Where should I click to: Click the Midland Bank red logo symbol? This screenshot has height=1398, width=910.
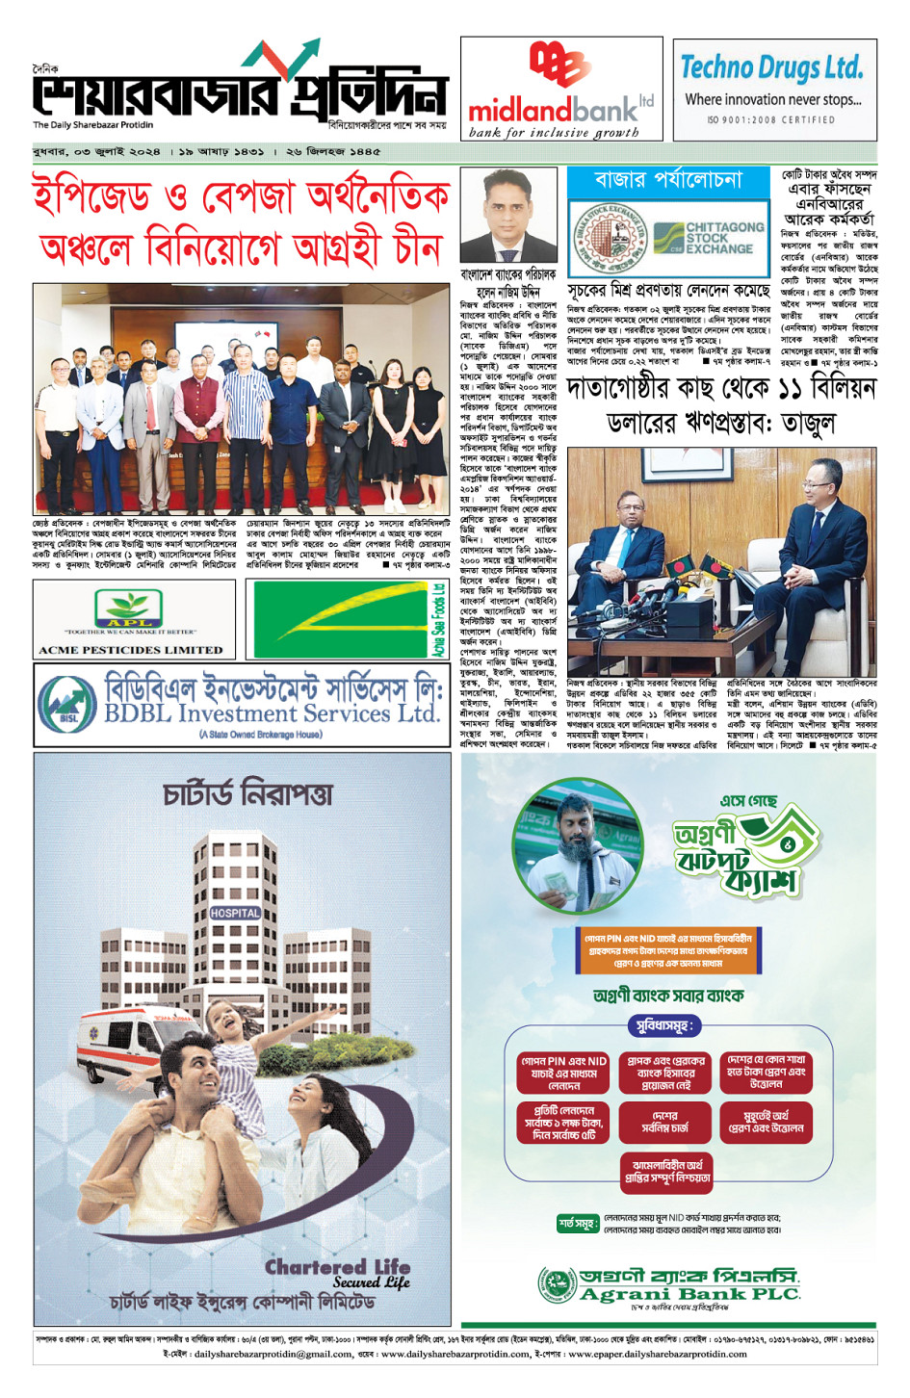point(559,65)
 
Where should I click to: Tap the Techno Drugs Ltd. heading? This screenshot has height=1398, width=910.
point(771,67)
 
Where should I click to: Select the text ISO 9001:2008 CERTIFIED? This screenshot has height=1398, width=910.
point(771,120)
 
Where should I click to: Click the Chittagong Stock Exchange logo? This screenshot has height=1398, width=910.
point(706,237)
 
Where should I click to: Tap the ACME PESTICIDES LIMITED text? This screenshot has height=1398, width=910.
point(131,650)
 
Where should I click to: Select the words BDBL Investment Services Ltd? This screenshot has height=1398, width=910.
point(272,713)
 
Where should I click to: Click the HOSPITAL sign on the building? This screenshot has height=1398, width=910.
point(235,912)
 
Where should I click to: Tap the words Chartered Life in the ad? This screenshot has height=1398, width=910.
point(337,1266)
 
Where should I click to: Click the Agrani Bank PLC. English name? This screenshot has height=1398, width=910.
point(689,1294)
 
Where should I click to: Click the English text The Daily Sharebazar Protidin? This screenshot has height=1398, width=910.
point(92,125)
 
